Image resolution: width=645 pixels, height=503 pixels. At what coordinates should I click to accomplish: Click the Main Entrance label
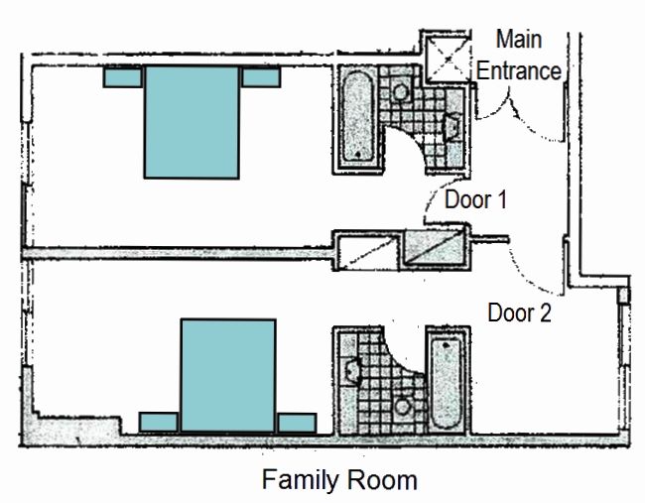[519, 56]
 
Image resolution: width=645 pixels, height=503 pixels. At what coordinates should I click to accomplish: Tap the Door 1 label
[475, 199]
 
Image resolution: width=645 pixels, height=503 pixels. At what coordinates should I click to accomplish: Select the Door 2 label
[519, 313]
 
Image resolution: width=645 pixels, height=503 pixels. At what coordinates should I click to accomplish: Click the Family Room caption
[339, 480]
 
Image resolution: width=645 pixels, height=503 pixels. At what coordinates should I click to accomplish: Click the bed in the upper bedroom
[192, 122]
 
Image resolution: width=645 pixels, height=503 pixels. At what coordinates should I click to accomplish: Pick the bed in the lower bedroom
[228, 375]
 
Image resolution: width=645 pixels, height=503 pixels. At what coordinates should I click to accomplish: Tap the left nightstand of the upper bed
[123, 77]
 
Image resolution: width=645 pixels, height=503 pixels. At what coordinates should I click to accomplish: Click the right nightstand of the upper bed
[261, 77]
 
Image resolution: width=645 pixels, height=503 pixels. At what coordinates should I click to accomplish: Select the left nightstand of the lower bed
[159, 423]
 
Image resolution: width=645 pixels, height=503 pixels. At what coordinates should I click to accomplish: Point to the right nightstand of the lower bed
[297, 423]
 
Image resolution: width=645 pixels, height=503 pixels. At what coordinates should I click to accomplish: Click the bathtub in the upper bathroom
[358, 117]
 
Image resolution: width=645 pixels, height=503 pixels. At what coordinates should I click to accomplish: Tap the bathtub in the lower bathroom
[446, 383]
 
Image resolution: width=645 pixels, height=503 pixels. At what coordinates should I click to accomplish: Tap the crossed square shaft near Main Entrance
[447, 59]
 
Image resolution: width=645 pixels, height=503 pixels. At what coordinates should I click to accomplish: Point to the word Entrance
[519, 70]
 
